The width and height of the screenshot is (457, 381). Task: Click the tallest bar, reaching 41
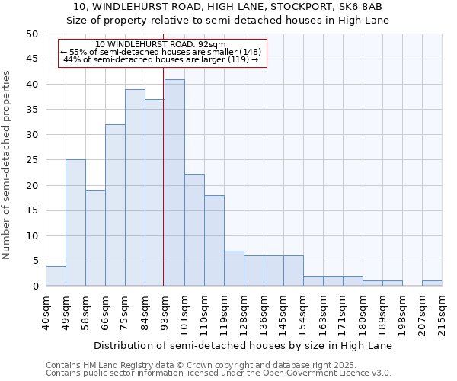[x=174, y=183]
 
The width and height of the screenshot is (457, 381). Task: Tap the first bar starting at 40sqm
[x=56, y=276]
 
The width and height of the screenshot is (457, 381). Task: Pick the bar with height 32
[x=115, y=205]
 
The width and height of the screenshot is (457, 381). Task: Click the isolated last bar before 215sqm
[x=432, y=283]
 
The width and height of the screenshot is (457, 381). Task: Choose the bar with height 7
[x=234, y=268]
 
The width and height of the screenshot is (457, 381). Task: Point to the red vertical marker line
[x=164, y=190]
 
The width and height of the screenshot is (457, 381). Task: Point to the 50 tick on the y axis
[x=31, y=34]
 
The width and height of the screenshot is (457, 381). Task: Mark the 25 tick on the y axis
[x=31, y=160]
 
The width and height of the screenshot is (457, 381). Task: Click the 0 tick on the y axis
[x=34, y=287]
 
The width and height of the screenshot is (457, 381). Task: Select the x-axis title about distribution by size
[x=244, y=345]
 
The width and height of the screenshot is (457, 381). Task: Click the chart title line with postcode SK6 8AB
[x=228, y=7]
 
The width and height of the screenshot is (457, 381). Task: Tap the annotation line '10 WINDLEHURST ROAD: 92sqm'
[x=161, y=45]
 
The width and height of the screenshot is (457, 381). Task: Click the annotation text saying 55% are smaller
[x=161, y=52]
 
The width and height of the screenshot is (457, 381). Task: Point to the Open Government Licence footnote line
[x=219, y=373]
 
